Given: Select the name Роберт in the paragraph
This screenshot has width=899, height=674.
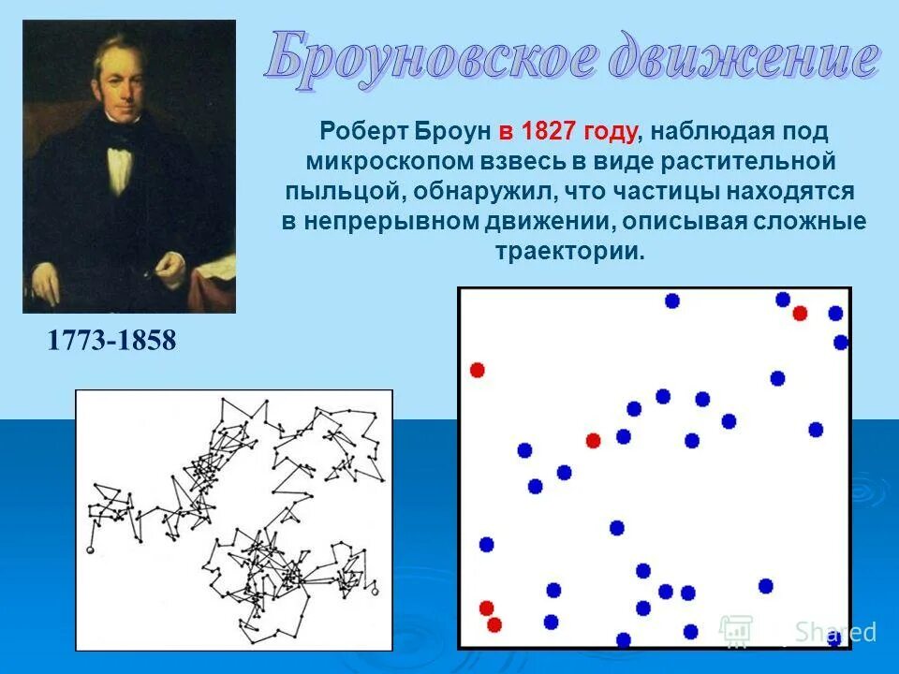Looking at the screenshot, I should pos(360,131).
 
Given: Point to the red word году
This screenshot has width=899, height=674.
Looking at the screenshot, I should pos(611,131).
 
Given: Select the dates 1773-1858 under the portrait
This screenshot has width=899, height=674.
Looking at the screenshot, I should pos(111,341).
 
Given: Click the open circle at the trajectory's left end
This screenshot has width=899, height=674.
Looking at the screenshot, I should pos(92,549).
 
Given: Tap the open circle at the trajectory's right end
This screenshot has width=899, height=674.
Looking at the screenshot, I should pos(375,592).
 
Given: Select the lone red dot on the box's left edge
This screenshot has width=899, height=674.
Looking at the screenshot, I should pos(478,370).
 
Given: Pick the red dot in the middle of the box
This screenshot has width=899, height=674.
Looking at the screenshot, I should pos(593,440).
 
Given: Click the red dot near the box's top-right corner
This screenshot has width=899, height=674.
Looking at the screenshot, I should pos(800,313).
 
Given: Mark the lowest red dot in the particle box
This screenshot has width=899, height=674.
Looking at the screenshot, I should pos(494,624).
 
